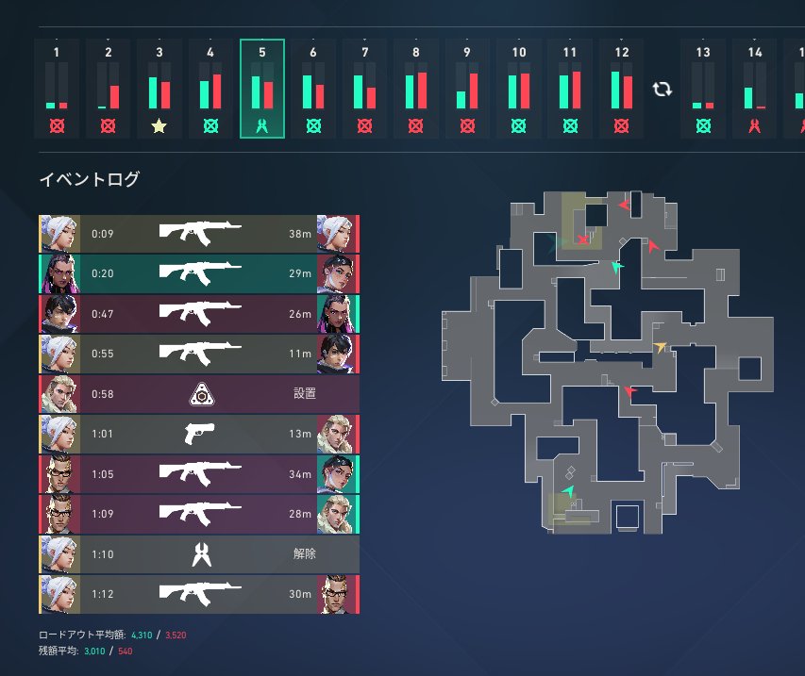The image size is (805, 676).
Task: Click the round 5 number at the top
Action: (261, 52)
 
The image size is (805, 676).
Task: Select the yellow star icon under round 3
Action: (159, 125)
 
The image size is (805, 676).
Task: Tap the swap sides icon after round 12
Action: (662, 90)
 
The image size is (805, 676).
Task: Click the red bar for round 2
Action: (114, 97)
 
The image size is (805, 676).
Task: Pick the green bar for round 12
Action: (615, 90)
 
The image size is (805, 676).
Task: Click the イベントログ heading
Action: (90, 179)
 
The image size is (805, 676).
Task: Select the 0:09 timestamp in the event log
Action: (102, 234)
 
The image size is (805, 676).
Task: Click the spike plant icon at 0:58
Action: (202, 394)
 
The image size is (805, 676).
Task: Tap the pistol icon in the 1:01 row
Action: (199, 434)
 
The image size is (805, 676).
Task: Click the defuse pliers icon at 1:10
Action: (202, 554)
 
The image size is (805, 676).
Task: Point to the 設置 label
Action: (305, 393)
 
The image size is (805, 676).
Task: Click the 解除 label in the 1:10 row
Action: (305, 554)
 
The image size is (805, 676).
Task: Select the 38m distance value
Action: (300, 234)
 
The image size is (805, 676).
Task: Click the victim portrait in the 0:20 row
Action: (336, 273)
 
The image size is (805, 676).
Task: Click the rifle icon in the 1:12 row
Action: (200, 593)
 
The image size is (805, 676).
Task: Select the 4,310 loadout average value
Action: (142, 635)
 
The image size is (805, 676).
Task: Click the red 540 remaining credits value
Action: (126, 651)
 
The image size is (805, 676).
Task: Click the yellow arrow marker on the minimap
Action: (661, 346)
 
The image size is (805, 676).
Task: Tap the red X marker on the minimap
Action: (582, 239)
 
